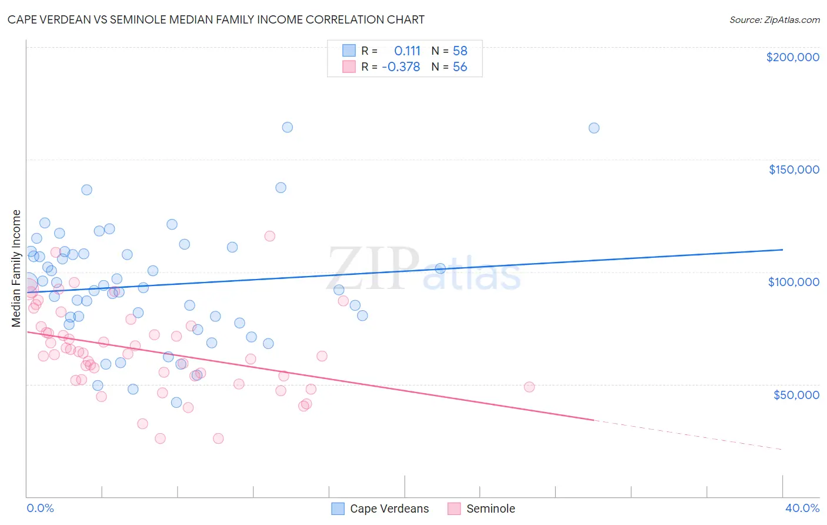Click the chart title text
point(216,19)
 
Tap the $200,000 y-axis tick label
point(792,57)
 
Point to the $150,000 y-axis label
point(793,170)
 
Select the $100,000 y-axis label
point(793,282)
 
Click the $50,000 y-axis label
point(796,394)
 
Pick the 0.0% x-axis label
point(40,508)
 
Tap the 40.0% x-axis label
point(802,508)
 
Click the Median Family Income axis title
point(16,268)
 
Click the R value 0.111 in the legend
point(407,51)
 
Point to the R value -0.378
point(401,67)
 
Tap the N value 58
point(460,51)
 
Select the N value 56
point(460,67)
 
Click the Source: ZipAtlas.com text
point(774,20)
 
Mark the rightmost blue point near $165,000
point(594,128)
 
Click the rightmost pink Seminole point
point(529,387)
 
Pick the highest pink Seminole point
point(269,236)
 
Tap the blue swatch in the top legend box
point(349,51)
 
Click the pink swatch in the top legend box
point(349,67)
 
